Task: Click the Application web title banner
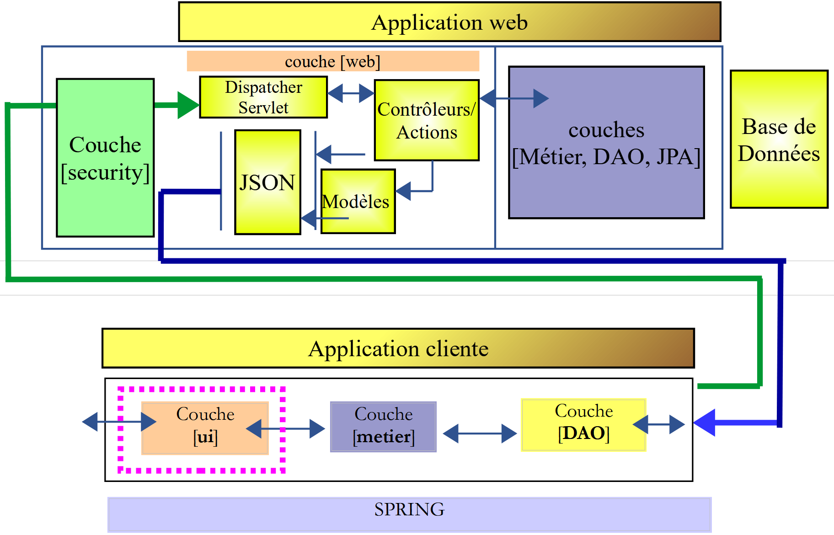tap(449, 22)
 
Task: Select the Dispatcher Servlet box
tap(263, 97)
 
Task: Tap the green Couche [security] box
tap(105, 158)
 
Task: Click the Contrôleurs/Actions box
tap(427, 120)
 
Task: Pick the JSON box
tap(267, 182)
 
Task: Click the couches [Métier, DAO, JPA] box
tap(606, 143)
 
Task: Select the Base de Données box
tap(779, 139)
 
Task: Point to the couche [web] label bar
tap(333, 61)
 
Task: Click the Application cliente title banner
tap(398, 348)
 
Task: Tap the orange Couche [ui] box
tap(205, 428)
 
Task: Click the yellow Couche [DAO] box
tap(583, 425)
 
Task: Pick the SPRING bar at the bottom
tap(409, 514)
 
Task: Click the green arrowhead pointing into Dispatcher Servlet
tap(188, 105)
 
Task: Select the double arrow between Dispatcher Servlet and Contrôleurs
tap(351, 93)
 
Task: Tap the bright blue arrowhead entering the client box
tap(704, 423)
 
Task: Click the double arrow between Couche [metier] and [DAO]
tap(480, 433)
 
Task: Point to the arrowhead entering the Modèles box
tap(403, 191)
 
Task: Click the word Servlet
tap(263, 108)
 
